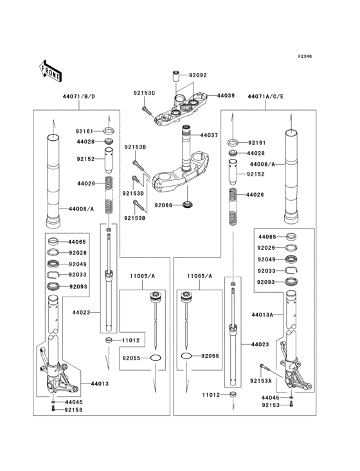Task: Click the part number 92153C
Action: (145, 93)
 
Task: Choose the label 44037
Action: (209, 136)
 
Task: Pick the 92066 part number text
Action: (163, 206)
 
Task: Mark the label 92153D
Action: (134, 192)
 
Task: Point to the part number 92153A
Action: (260, 381)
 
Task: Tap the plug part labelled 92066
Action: (188, 205)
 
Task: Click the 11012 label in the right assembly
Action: (212, 395)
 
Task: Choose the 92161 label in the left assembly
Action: (85, 130)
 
